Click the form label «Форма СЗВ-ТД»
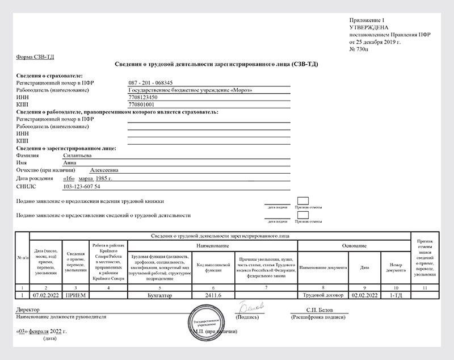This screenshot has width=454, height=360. click(x=34, y=57)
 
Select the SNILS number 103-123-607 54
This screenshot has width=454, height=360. click(x=82, y=186)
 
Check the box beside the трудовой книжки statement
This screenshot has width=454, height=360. click(x=303, y=200)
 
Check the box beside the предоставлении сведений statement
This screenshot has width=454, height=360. click(x=303, y=216)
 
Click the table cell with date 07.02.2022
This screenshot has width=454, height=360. click(x=45, y=295)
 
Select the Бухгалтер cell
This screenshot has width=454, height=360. click(x=161, y=295)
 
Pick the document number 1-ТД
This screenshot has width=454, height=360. click(x=395, y=295)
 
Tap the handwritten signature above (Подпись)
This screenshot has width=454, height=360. click(x=250, y=306)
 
